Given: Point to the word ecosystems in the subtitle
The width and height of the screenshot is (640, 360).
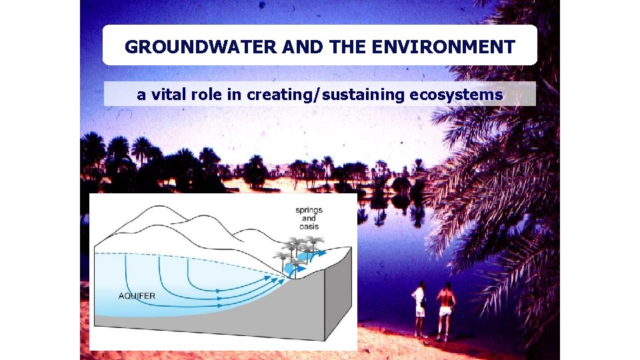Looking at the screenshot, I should click(x=456, y=95).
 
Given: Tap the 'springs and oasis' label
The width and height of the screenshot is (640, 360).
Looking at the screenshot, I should click(x=308, y=218).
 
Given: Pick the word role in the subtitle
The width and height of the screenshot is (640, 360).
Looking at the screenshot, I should click(x=206, y=95).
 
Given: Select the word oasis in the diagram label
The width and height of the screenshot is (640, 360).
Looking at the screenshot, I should click(x=309, y=227).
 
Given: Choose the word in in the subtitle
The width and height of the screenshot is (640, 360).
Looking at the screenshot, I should click(x=234, y=95).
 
